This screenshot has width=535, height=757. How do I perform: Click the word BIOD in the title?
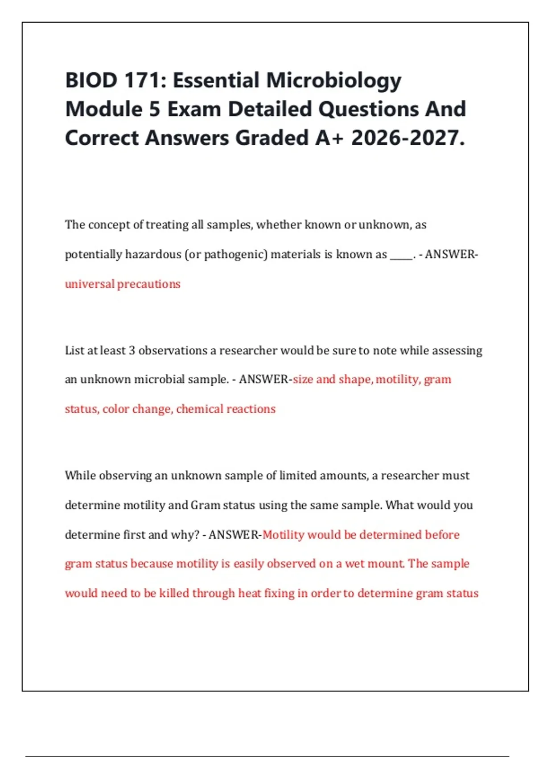coord(91,81)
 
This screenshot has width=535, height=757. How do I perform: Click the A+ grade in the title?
coord(329,138)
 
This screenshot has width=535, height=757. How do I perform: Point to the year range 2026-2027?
coord(407,138)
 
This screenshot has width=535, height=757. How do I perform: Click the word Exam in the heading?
coord(194,110)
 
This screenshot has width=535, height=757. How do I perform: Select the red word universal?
coord(89,284)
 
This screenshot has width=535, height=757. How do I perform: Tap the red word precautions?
coord(149,285)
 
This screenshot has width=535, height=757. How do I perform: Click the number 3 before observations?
coord(132,351)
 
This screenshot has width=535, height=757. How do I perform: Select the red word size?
coord(303,379)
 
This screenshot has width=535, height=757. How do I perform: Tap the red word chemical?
coord(198,409)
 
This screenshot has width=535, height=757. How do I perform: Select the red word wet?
coord(354,564)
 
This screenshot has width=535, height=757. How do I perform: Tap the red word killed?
coord(174,594)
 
